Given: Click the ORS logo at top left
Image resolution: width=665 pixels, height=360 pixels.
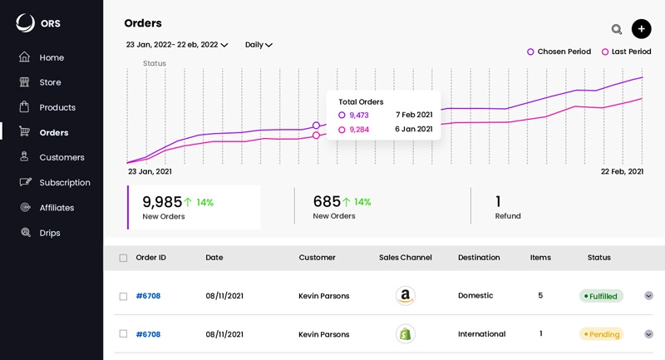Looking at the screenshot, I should [38, 23].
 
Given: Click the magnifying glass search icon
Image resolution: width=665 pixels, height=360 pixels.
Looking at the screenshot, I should [617, 29].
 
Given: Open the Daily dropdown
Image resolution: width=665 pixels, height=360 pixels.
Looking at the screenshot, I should [259, 45].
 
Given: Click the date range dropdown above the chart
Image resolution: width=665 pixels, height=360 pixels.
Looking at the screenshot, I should [176, 45].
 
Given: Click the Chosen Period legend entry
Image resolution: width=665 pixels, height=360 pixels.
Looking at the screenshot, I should [559, 52].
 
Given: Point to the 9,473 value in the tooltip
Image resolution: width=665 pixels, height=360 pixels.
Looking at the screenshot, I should [358, 115].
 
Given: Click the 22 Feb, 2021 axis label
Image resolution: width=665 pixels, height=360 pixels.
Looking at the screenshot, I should [622, 171].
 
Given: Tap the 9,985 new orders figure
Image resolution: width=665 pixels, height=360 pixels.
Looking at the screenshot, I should [162, 202].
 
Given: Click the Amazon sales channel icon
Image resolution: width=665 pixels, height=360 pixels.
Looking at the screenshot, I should [405, 296].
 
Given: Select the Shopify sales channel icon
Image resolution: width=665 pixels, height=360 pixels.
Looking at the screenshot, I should [405, 334].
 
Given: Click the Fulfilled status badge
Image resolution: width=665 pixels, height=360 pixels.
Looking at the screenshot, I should [601, 296].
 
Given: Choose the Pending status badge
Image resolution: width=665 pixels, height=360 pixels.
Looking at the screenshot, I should [601, 334].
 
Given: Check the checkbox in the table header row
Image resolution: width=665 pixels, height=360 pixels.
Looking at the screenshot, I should [123, 258].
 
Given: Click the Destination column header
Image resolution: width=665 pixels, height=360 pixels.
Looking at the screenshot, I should [479, 258].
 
